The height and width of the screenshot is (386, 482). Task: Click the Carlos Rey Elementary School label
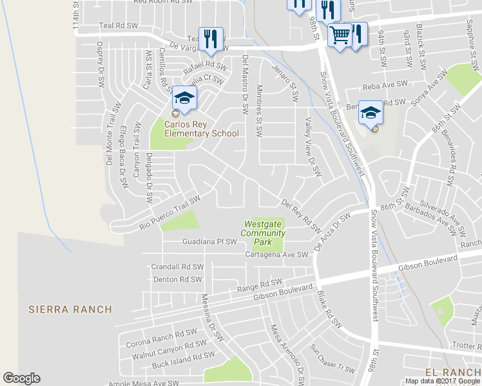pos(201,129)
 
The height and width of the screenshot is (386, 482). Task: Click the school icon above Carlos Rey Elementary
pos(184,98)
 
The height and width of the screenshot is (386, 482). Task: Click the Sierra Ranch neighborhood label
pos(70,309)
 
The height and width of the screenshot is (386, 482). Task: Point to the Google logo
pos(21,378)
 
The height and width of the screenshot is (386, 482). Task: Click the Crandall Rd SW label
pos(177,266)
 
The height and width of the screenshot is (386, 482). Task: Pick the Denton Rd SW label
pos(178,279)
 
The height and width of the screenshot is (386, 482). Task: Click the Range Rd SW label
pos(260,284)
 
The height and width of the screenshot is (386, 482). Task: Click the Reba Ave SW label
pos(386,84)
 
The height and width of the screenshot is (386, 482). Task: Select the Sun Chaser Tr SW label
pos(333,359)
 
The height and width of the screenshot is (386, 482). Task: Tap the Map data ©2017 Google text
pos(441,381)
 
